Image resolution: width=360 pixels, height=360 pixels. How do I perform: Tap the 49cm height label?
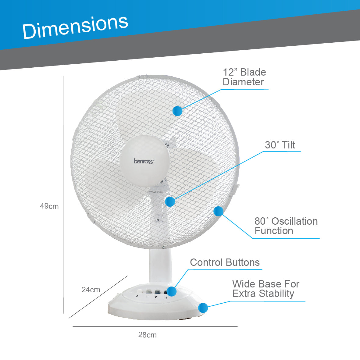[x=49, y=206]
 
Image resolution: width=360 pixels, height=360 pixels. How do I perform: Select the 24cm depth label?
[x=91, y=290]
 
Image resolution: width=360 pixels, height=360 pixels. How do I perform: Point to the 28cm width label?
[x=147, y=335]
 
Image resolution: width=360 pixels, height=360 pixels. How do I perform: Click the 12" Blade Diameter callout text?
[x=244, y=77]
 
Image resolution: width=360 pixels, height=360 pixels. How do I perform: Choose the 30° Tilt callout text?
[x=280, y=145]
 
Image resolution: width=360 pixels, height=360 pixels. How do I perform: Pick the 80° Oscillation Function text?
[x=286, y=226]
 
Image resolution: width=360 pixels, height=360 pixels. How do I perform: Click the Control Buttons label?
[x=225, y=262]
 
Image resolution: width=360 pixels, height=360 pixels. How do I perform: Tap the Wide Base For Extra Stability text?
[x=266, y=289]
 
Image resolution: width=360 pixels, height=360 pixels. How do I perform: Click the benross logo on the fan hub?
[x=144, y=161]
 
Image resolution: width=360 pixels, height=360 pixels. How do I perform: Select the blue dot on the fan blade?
[x=177, y=111]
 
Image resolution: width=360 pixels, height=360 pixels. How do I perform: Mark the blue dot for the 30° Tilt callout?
[x=170, y=201]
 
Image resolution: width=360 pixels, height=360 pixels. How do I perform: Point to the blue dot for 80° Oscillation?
[x=218, y=211]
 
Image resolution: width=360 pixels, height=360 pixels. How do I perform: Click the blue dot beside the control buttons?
[x=172, y=291]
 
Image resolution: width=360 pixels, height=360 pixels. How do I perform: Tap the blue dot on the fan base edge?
[x=203, y=308]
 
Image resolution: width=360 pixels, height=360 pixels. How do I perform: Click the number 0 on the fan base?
[x=137, y=296]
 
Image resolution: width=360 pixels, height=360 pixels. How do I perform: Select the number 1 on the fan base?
[x=147, y=297]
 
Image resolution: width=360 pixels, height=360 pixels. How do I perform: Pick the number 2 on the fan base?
[x=155, y=297]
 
